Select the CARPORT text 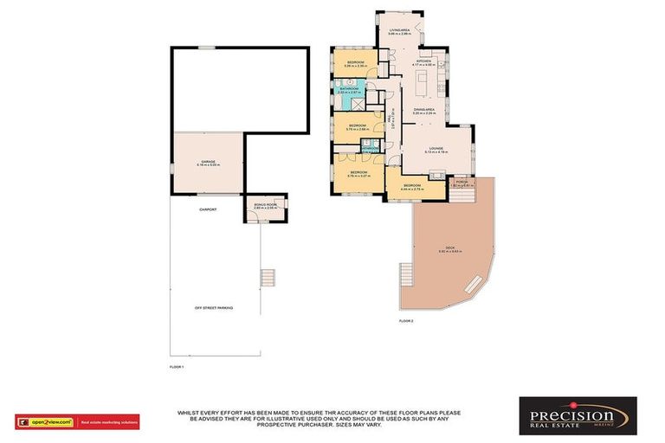(x=208, y=210)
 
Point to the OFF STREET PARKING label (x=214, y=308)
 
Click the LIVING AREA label (x=399, y=30)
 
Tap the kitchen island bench (x=424, y=85)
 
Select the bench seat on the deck (x=474, y=283)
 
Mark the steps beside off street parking (x=268, y=278)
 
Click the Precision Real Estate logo (x=578, y=415)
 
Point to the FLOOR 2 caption (x=406, y=321)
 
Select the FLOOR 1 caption (x=177, y=367)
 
